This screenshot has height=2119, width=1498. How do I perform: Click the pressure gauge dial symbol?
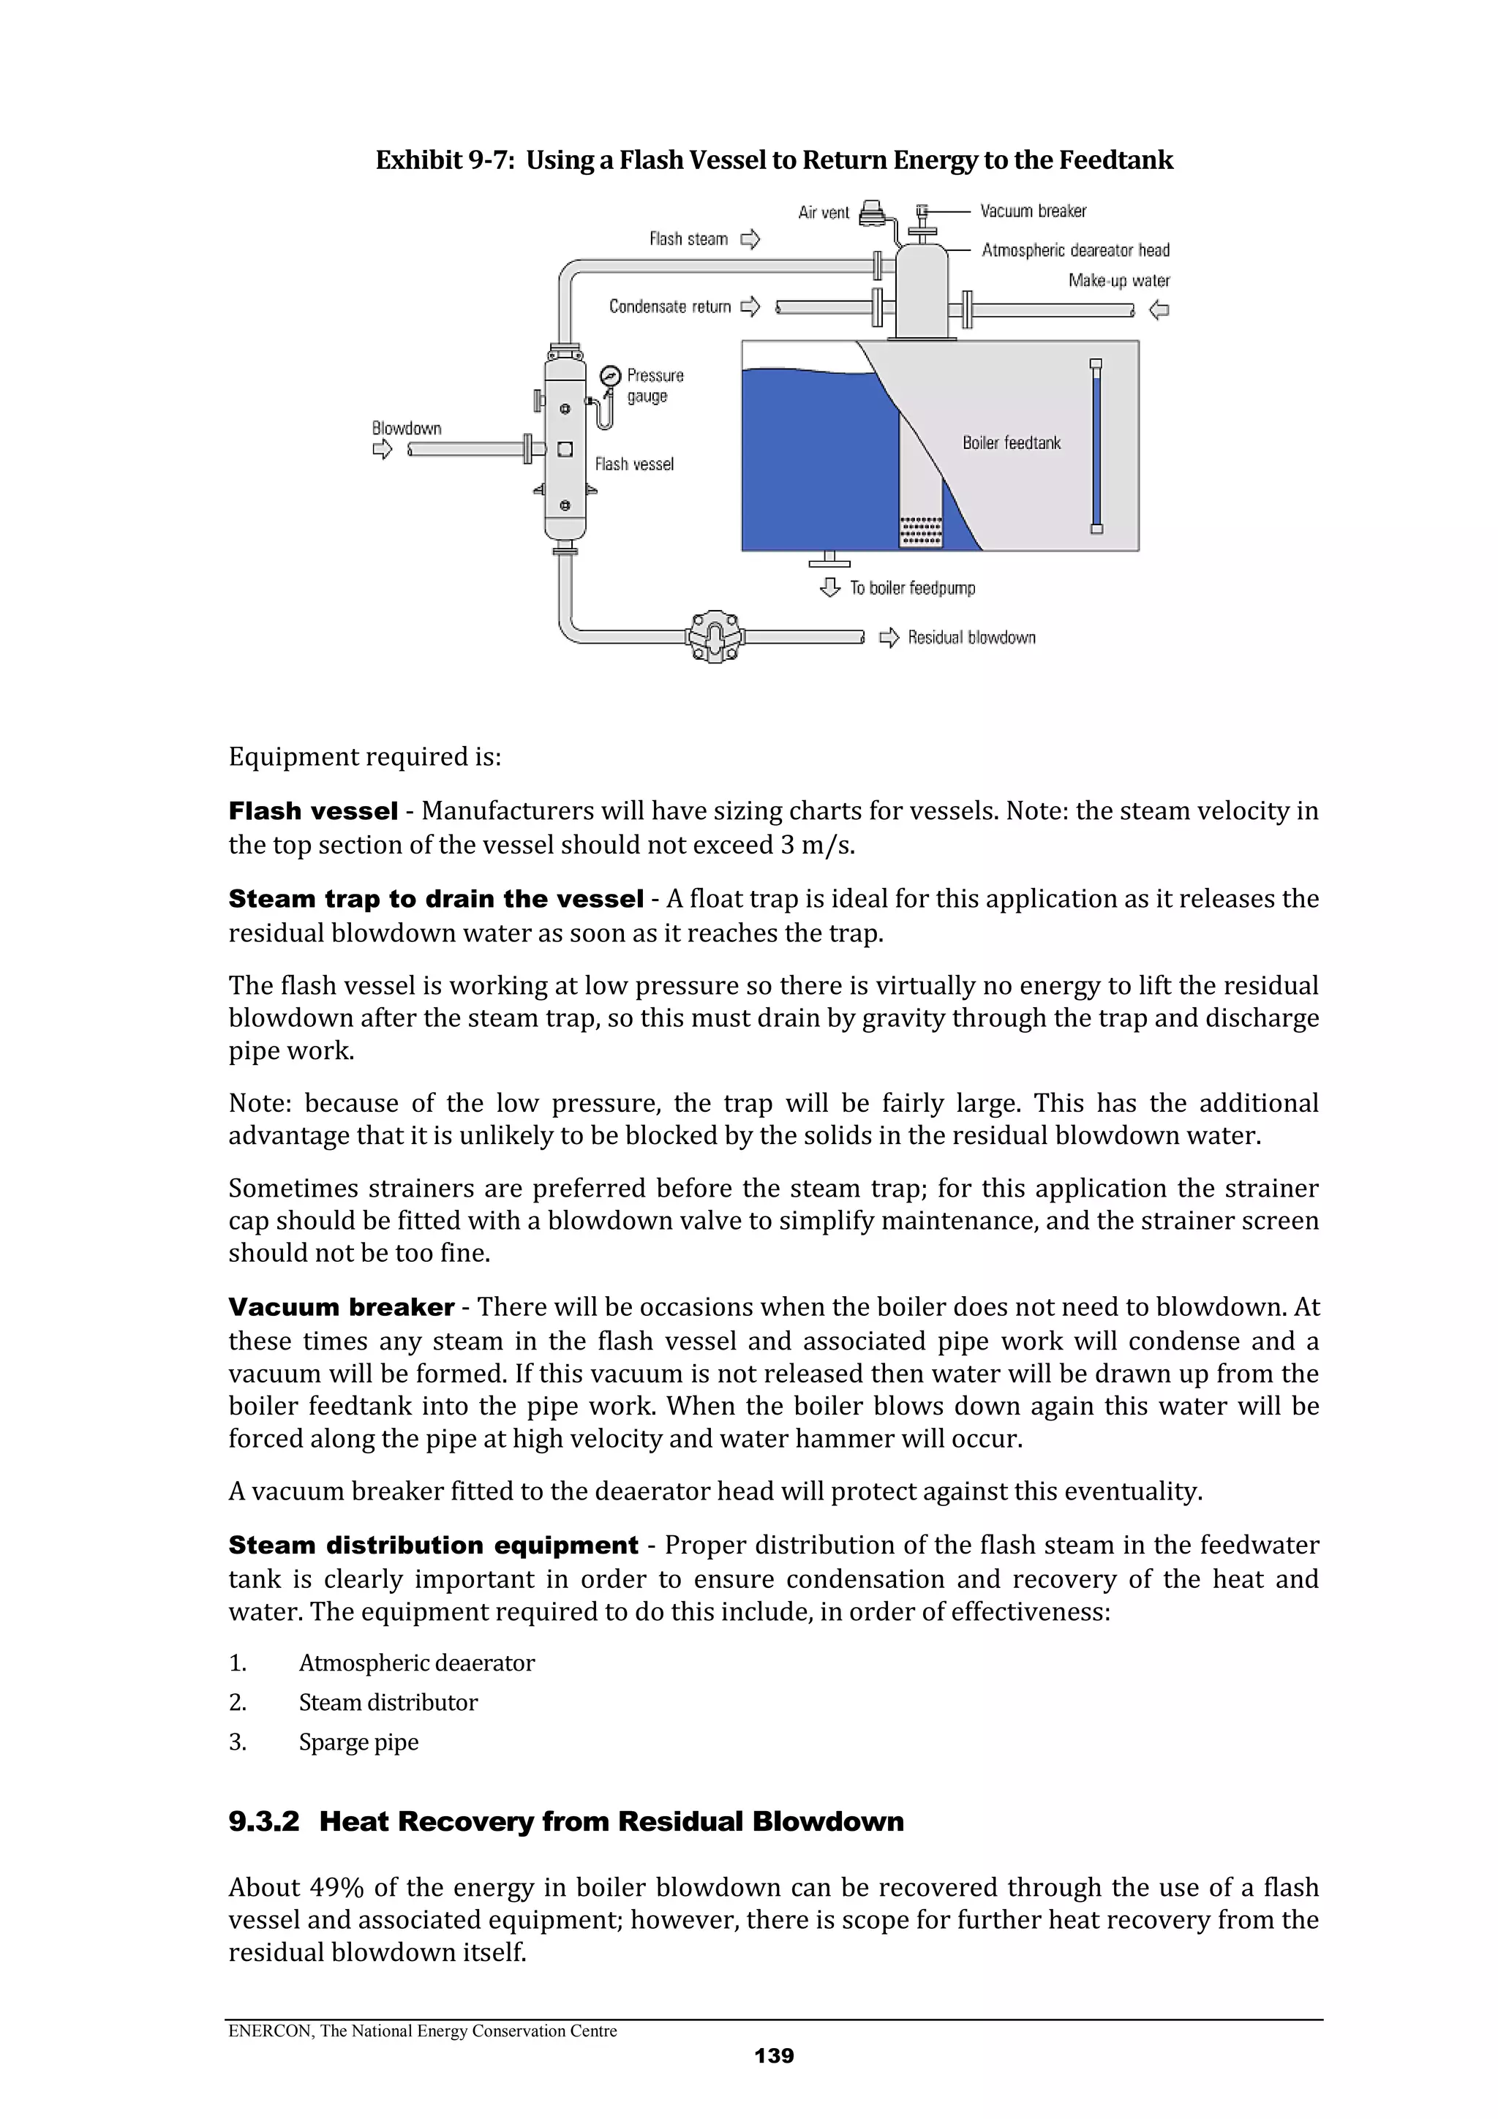609,376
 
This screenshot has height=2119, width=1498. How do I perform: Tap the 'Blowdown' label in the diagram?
406,428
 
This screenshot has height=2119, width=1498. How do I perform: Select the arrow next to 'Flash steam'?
751,240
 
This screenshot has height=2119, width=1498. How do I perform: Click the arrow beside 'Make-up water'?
1159,310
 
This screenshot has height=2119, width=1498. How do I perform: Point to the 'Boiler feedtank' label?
1011,443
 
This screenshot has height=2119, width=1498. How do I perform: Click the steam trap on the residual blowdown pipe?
715,636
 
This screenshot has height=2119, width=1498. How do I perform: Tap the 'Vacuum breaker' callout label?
1033,211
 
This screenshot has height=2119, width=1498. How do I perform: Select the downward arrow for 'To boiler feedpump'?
829,587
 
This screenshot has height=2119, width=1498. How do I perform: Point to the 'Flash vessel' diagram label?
634,464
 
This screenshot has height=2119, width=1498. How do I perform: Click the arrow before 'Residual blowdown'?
889,638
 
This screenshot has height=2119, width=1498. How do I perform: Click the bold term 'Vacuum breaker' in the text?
341,1307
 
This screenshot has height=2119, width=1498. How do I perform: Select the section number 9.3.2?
264,1822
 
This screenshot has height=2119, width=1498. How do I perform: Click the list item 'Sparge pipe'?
358,1742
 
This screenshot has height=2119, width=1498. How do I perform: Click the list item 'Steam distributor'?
388,1702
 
